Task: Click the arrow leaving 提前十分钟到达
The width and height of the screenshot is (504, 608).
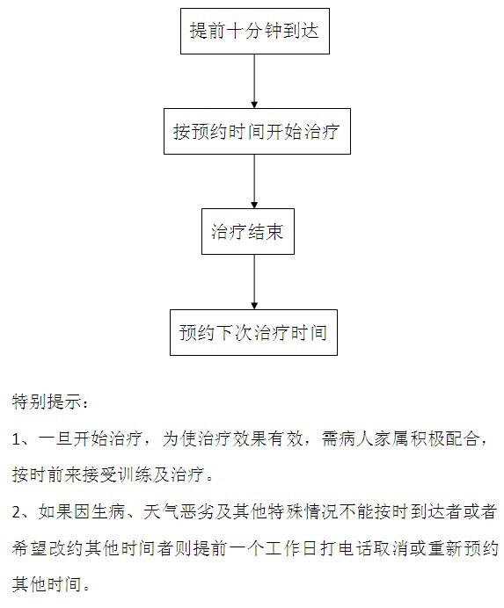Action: tap(254, 81)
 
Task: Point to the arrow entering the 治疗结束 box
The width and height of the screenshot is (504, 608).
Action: tap(254, 182)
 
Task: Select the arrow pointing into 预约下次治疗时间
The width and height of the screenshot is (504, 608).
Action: tap(254, 282)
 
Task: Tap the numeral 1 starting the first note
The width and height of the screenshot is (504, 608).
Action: tap(16, 439)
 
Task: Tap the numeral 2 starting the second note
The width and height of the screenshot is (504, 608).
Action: tap(17, 512)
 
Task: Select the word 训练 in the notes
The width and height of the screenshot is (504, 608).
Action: tap(134, 474)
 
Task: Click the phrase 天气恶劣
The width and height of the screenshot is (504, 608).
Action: tap(179, 512)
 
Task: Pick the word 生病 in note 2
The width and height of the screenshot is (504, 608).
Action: tap(108, 512)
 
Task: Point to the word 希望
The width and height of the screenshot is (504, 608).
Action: tap(29, 548)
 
